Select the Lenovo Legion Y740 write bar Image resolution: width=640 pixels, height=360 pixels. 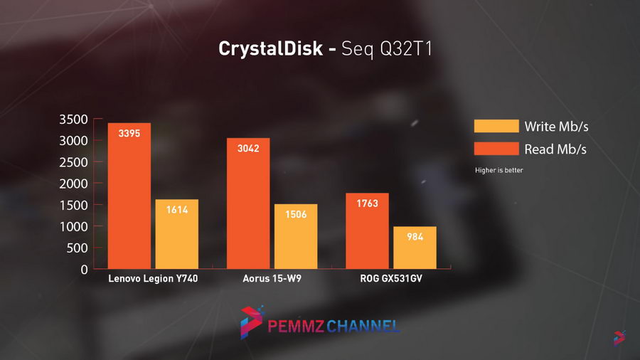click(x=176, y=234)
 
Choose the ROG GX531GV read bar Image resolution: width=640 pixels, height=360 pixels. click(x=367, y=231)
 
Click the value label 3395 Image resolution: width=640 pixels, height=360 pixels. click(x=129, y=133)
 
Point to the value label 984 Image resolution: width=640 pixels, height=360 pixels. click(x=415, y=237)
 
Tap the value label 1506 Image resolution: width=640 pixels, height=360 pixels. click(x=296, y=214)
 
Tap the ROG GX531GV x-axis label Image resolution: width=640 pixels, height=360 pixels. click(x=391, y=279)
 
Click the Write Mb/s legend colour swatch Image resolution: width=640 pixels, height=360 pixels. click(x=496, y=127)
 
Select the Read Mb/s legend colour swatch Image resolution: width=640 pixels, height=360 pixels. click(x=496, y=149)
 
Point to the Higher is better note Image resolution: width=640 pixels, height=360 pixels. click(x=498, y=170)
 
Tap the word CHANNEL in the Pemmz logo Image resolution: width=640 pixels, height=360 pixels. click(x=363, y=327)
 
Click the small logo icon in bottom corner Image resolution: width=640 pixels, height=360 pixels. click(x=619, y=338)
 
